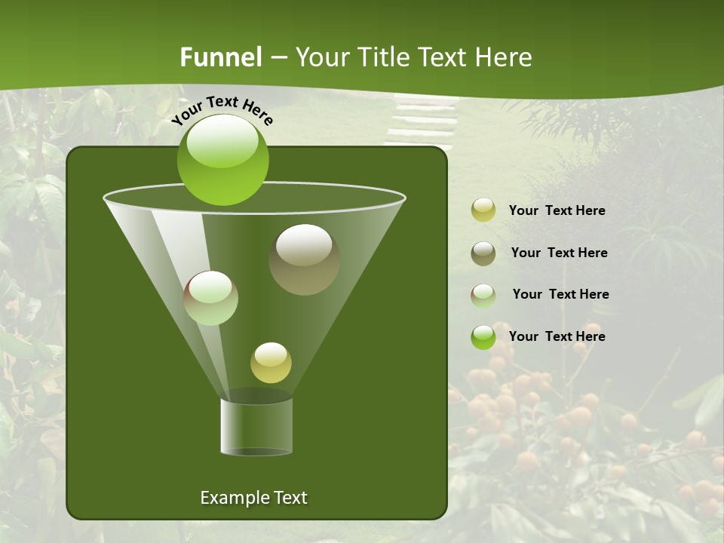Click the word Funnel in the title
pyautogui.click(x=220, y=57)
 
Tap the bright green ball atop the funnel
pyautogui.click(x=222, y=160)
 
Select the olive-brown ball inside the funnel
pyautogui.click(x=304, y=259)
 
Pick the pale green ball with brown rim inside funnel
pyautogui.click(x=211, y=298)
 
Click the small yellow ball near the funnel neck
pyautogui.click(x=271, y=363)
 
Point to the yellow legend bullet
pyautogui.click(x=483, y=210)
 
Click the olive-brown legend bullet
pyautogui.click(x=483, y=253)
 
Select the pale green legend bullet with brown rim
pyautogui.click(x=483, y=295)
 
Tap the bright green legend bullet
pyautogui.click(x=483, y=337)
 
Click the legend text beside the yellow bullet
pyautogui.click(x=557, y=211)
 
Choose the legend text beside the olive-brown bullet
pyautogui.click(x=559, y=253)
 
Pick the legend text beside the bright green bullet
pyautogui.click(x=557, y=337)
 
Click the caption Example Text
pyautogui.click(x=253, y=498)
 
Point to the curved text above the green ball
pyautogui.click(x=222, y=110)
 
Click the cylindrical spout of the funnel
pyautogui.click(x=256, y=426)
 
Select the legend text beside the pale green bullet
pyautogui.click(x=560, y=295)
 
